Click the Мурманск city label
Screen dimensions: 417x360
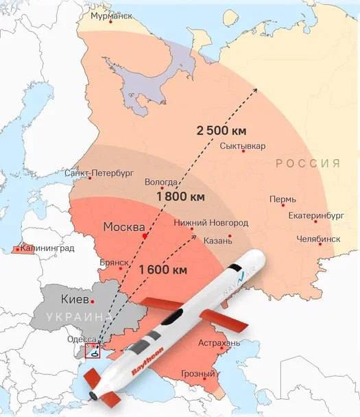coord(108,16)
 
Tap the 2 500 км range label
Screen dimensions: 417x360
coord(221,130)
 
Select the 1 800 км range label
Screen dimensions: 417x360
coord(181,197)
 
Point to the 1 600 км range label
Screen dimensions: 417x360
coord(163,270)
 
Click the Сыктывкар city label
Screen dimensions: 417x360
coord(243,146)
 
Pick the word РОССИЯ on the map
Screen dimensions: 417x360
coord(308,163)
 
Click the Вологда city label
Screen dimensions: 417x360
coord(162,182)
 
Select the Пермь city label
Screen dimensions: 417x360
coord(283,200)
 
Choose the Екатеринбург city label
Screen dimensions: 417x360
coord(316,215)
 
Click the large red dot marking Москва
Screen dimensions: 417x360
coord(145,236)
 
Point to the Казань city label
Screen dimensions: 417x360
coord(218,240)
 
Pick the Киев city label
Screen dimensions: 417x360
coord(75,300)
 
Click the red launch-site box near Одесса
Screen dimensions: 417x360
coord(92,351)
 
